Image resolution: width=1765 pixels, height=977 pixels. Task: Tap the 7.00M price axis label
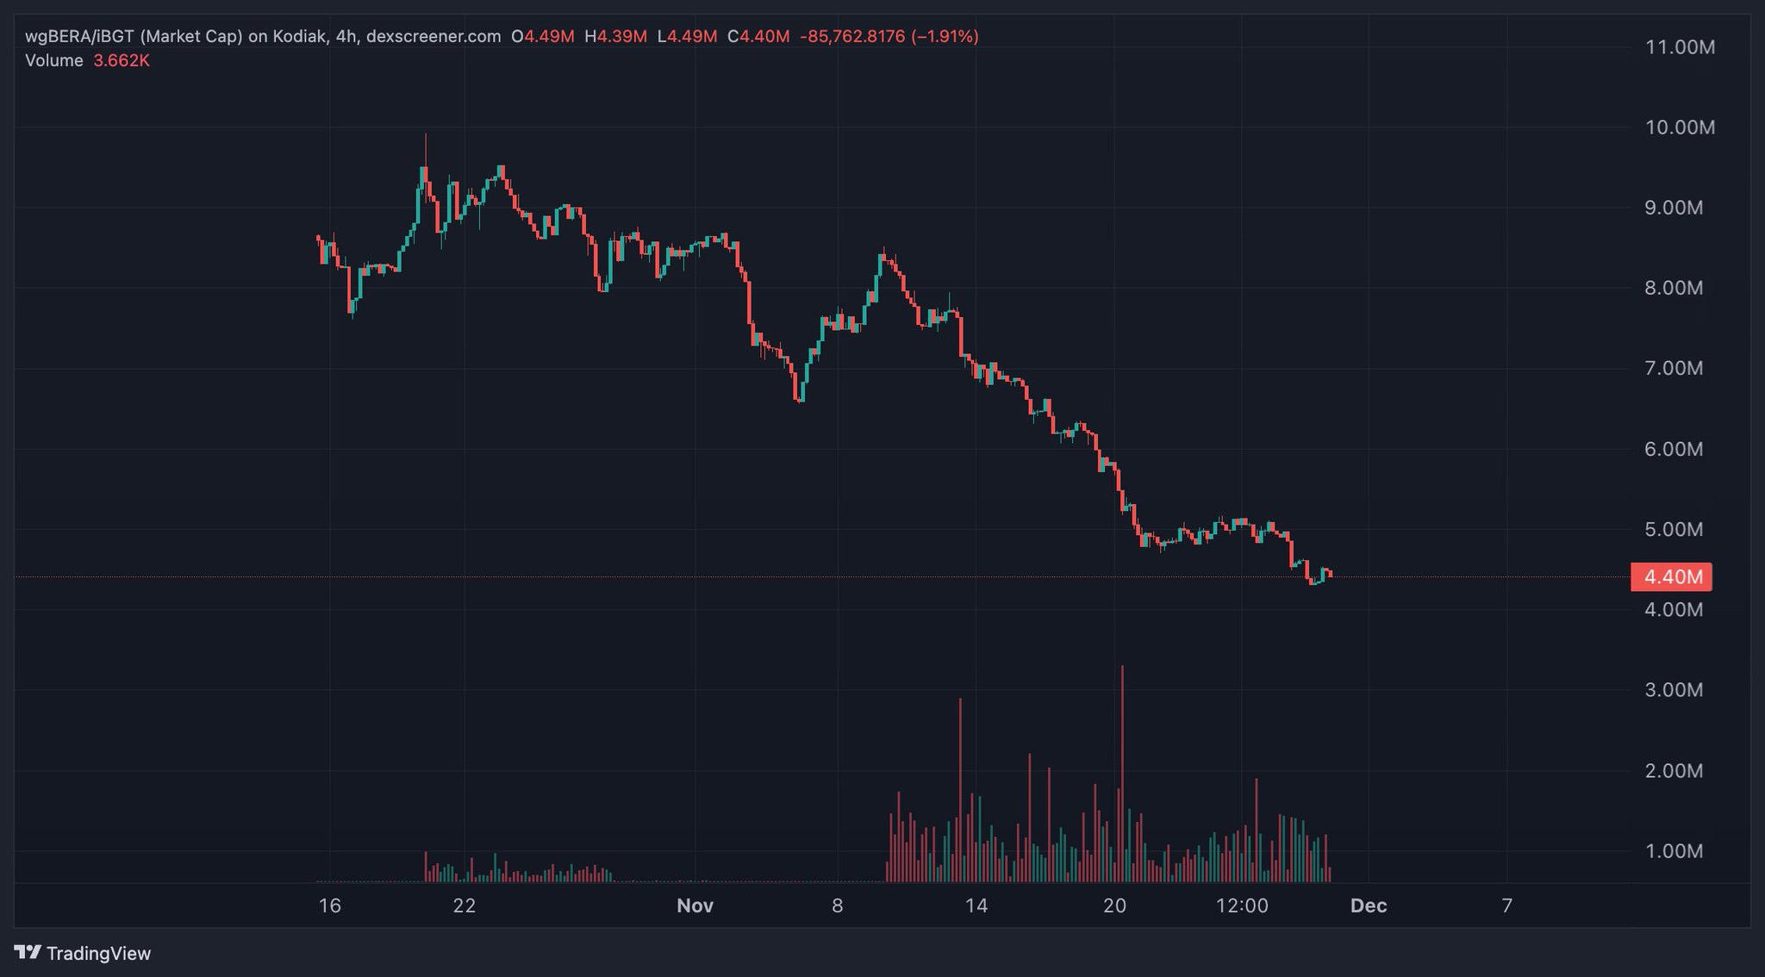pos(1674,369)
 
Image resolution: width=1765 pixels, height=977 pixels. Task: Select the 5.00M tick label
pos(1674,529)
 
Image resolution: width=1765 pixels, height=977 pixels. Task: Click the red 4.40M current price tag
pos(1671,577)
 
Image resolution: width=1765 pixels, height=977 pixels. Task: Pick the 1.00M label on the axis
pos(1674,851)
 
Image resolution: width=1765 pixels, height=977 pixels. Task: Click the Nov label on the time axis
pos(695,905)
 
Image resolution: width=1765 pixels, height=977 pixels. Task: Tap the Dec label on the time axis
pos(1369,905)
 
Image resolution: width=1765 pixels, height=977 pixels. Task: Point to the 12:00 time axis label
pos(1241,905)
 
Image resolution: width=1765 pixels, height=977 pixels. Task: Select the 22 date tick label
pos(464,905)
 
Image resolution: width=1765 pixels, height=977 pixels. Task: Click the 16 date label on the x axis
pos(329,905)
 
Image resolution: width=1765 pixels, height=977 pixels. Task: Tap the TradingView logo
pos(84,953)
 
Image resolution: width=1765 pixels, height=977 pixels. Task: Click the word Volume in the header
pos(54,60)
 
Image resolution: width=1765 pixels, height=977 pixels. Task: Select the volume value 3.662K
pos(122,60)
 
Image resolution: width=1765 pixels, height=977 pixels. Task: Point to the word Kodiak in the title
pos(298,36)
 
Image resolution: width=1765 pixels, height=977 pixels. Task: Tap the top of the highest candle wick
pos(426,134)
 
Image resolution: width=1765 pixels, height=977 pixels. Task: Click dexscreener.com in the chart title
pos(433,36)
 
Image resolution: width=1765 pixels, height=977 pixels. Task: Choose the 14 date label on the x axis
pos(976,905)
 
